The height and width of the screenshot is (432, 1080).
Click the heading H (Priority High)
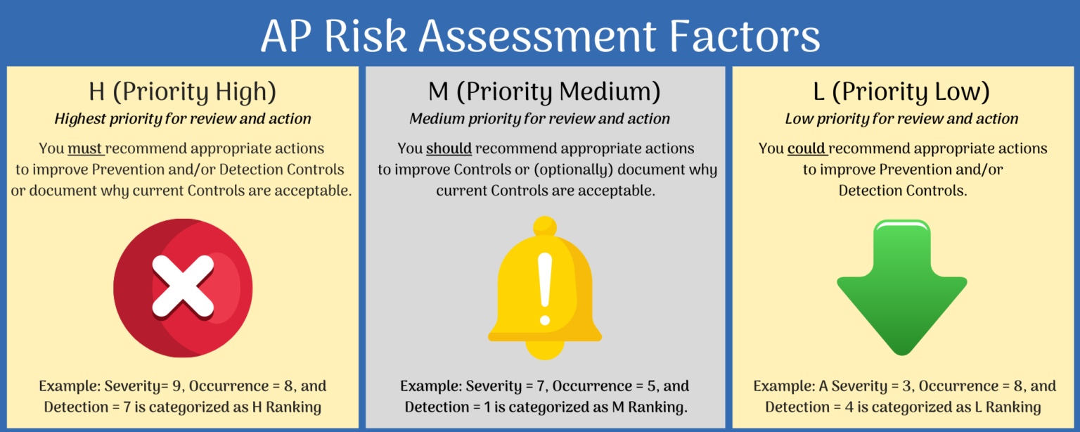point(183,91)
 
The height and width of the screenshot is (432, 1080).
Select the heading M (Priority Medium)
point(545,91)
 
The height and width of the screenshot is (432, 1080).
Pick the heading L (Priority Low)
point(901,91)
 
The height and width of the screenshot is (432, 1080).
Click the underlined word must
point(85,149)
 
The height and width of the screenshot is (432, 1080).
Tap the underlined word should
point(449,149)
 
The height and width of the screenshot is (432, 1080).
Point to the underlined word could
point(806,149)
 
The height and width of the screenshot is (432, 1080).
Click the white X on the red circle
point(183,285)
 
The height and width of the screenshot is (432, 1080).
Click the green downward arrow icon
point(901,285)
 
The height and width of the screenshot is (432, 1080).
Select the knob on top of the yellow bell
point(545,227)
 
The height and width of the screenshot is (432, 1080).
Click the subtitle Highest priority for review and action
point(183,119)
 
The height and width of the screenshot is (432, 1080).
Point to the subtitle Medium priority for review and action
point(540,119)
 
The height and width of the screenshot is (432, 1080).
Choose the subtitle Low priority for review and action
point(901,119)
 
